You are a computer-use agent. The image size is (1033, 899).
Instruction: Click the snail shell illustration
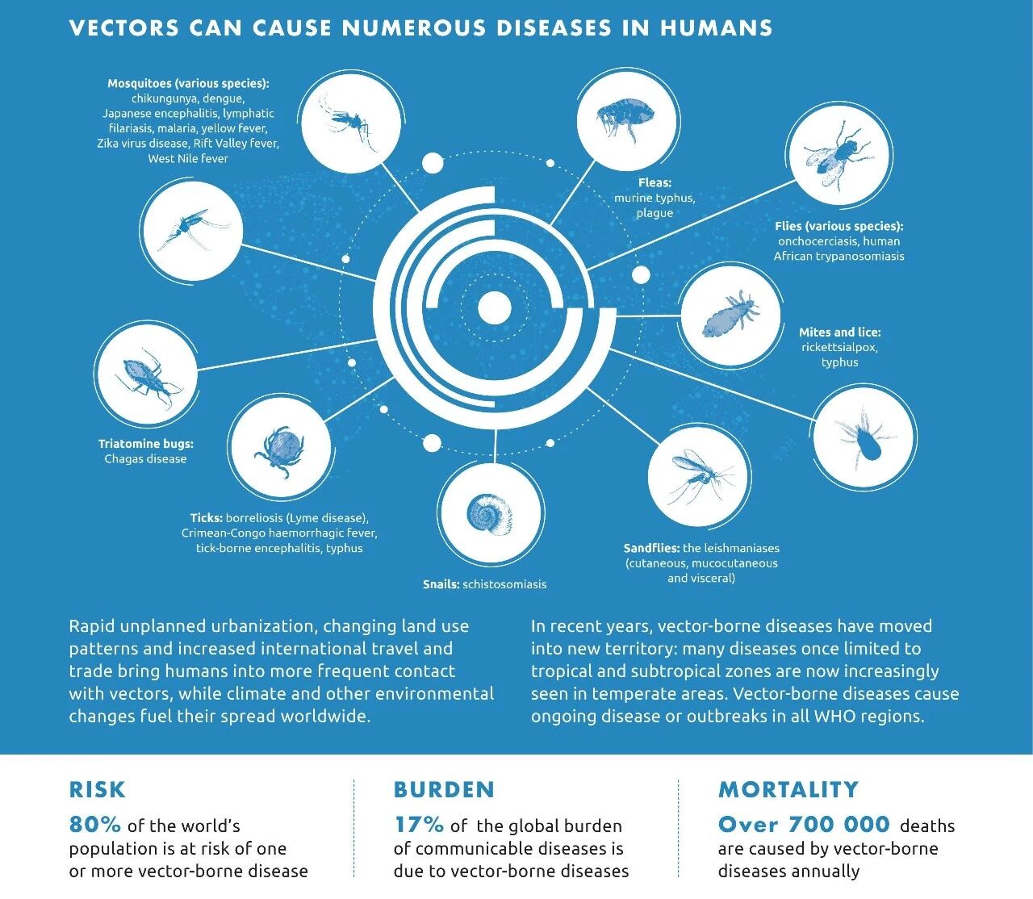pos(489,513)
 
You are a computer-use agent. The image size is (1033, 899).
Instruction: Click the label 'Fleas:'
pos(655,183)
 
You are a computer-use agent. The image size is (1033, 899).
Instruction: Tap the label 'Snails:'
pos(441,584)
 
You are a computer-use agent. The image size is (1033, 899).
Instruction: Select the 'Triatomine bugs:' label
pos(146,444)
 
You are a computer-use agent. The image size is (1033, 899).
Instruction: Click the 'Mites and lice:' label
pos(839,332)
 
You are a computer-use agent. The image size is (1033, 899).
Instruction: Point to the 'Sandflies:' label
pos(651,548)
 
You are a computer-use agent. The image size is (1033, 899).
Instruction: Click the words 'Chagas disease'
pos(145,459)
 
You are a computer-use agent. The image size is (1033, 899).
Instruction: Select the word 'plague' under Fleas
pos(655,213)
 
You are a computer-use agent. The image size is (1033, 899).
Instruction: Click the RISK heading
pos(97,789)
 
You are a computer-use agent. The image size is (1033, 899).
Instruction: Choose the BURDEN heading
pos(444,789)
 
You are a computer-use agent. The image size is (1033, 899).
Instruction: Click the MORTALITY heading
pos(788,789)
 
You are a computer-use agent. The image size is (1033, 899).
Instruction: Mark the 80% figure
pos(95,825)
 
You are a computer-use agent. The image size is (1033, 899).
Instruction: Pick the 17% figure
pos(419,825)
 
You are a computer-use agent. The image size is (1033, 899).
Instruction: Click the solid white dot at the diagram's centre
pos(495,307)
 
